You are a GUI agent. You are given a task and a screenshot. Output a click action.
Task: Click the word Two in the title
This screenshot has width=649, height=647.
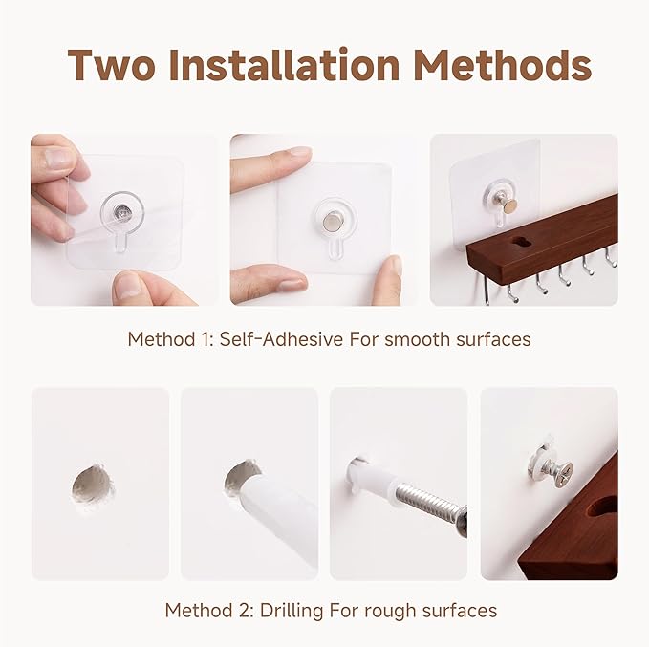click(x=112, y=65)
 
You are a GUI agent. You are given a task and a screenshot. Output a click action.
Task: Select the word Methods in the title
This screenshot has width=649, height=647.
click(x=503, y=65)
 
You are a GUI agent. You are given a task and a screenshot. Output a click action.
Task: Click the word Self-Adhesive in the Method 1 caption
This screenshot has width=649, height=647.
click(x=281, y=339)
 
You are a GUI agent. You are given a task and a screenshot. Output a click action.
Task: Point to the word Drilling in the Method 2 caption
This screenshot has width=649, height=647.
click(x=292, y=611)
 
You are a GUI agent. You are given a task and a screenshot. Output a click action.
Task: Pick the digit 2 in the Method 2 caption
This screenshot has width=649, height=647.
click(x=246, y=610)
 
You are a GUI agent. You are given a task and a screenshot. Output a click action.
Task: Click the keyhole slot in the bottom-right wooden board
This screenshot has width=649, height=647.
click(x=603, y=507)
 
